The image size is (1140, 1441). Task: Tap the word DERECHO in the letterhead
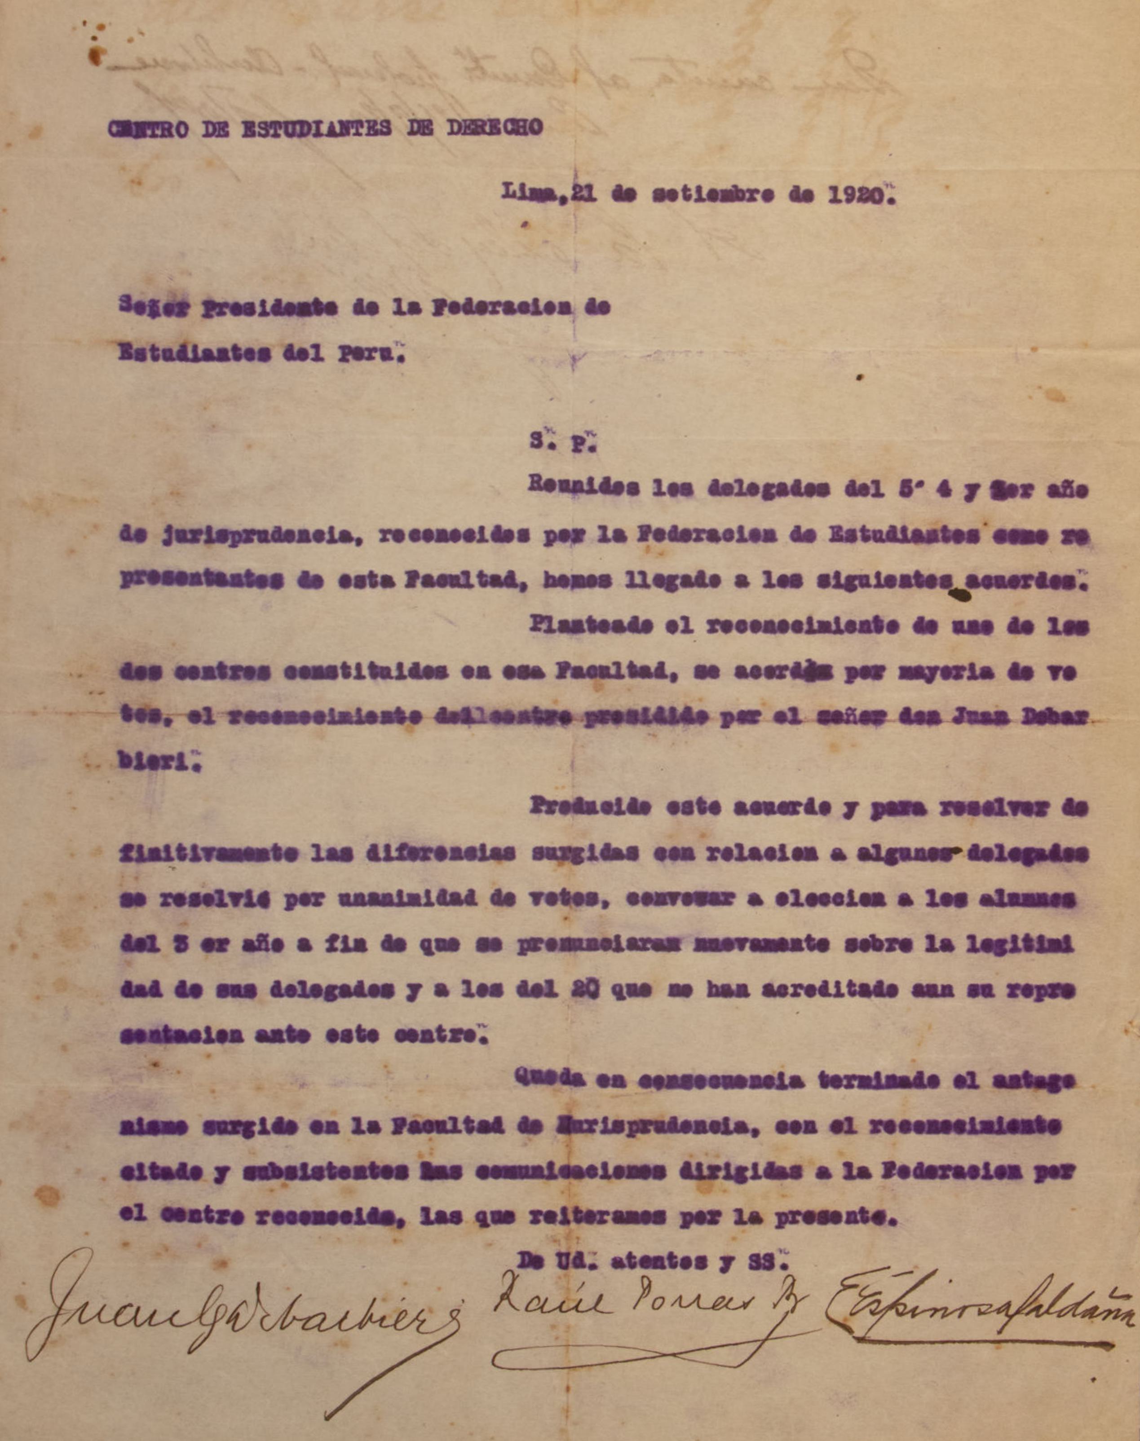[x=494, y=128]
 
